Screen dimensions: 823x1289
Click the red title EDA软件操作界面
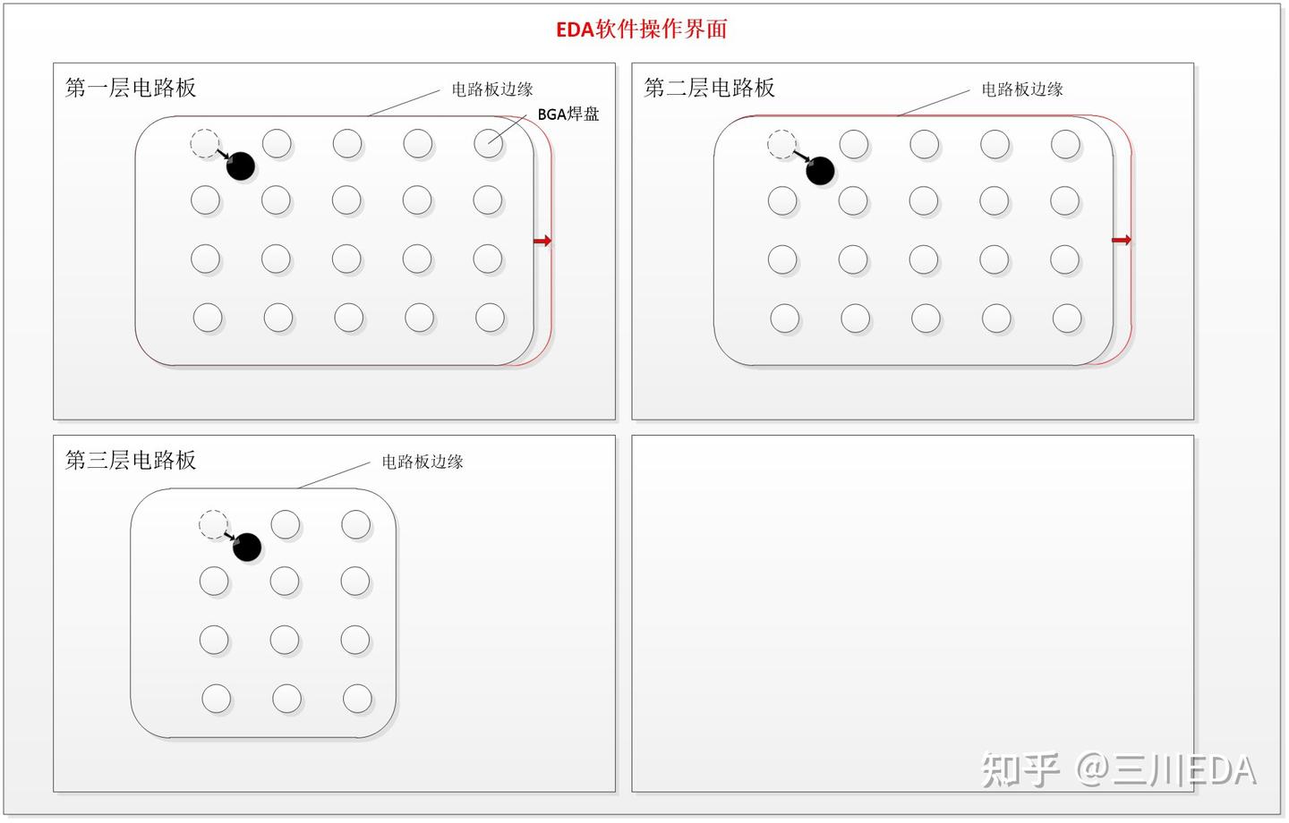pyautogui.click(x=641, y=30)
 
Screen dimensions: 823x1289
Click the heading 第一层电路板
pyautogui.click(x=131, y=88)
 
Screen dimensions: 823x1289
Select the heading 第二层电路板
pyautogui.click(x=709, y=88)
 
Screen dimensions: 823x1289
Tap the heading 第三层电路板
pyautogui.click(x=131, y=460)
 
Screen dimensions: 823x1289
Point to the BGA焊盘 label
pyautogui.click(x=568, y=115)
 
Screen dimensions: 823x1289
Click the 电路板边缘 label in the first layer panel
pyautogui.click(x=492, y=89)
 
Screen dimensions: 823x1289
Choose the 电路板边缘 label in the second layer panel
pyautogui.click(x=1021, y=89)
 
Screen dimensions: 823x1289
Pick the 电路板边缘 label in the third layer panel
pyautogui.click(x=423, y=462)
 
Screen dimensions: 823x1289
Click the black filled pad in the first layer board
pyautogui.click(x=241, y=165)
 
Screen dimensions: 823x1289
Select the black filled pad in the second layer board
pyautogui.click(x=820, y=170)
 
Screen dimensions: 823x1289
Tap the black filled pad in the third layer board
pyautogui.click(x=247, y=547)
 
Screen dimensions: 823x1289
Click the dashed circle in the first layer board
pyautogui.click(x=205, y=143)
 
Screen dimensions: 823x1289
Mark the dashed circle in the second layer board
pyautogui.click(x=782, y=144)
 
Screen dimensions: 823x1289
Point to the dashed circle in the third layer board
pyautogui.click(x=213, y=524)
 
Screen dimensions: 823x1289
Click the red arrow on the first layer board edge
pyautogui.click(x=542, y=241)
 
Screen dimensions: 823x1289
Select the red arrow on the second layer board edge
pyautogui.click(x=1122, y=240)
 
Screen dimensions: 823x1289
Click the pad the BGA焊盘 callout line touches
pyautogui.click(x=488, y=143)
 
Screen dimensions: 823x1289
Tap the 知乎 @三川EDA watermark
pyautogui.click(x=1119, y=769)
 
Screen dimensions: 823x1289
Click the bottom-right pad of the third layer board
pyautogui.click(x=357, y=699)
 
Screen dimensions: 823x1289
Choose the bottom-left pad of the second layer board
pyautogui.click(x=785, y=318)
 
